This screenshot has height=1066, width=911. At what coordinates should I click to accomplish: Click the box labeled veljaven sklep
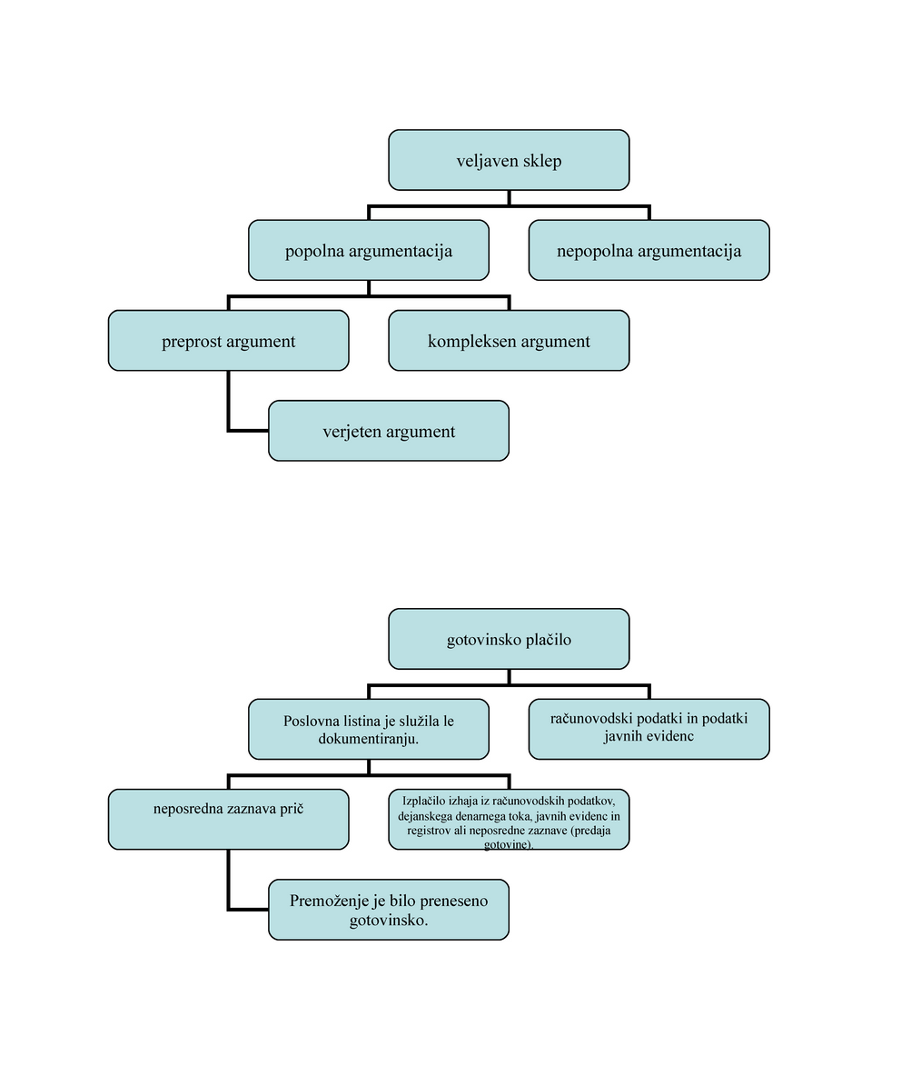pyautogui.click(x=509, y=160)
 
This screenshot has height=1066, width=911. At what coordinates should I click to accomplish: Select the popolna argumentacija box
pyautogui.click(x=369, y=250)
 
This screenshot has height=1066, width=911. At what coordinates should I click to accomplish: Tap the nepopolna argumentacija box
pyautogui.click(x=649, y=250)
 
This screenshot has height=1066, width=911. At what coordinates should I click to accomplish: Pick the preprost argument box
pyautogui.click(x=228, y=341)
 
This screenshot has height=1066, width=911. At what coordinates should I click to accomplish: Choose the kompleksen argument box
pyautogui.click(x=509, y=341)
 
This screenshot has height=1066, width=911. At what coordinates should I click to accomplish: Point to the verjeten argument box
pyautogui.click(x=389, y=431)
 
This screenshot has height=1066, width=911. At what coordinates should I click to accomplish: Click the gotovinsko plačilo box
pyautogui.click(x=509, y=639)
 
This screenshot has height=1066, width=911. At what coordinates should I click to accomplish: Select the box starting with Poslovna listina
pyautogui.click(x=369, y=729)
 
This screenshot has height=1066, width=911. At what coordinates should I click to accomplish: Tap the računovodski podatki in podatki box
pyautogui.click(x=649, y=729)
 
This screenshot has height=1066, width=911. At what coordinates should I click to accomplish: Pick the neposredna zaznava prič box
pyautogui.click(x=228, y=819)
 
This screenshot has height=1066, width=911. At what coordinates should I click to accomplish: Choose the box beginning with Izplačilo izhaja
pyautogui.click(x=509, y=819)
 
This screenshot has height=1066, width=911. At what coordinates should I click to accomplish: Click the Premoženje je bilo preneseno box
pyautogui.click(x=389, y=910)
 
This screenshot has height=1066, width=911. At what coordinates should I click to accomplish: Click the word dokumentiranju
pyautogui.click(x=369, y=739)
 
